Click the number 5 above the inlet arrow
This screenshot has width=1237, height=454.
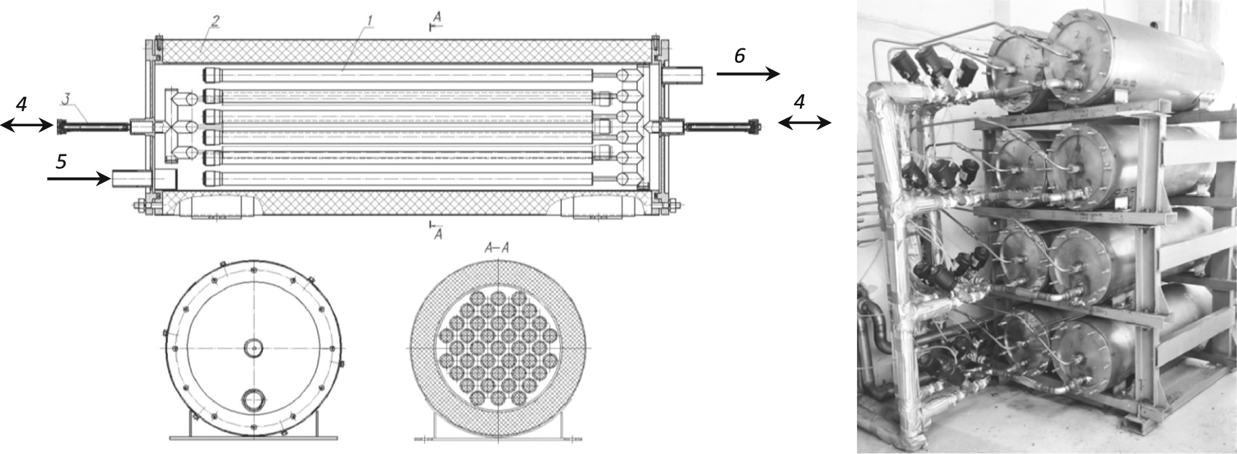[x=61, y=162]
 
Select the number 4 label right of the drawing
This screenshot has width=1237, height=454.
[x=798, y=102]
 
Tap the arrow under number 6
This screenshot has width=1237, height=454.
[x=747, y=74]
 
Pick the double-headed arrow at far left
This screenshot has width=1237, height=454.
[x=25, y=126]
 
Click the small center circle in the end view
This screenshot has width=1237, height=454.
[x=252, y=349]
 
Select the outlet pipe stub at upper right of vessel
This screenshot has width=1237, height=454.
[x=682, y=74]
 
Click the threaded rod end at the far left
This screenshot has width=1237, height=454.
[x=61, y=126]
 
